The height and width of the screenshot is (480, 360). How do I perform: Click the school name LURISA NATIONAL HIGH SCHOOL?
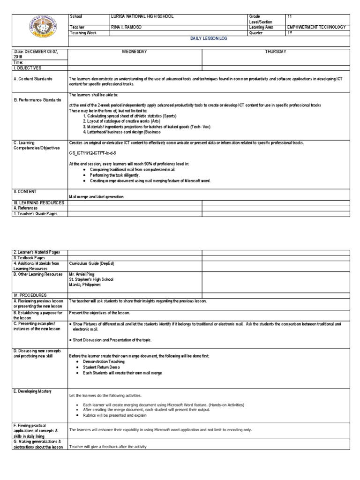pos(142,16)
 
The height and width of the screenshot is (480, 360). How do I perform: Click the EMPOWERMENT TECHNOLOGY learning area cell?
pos(317,27)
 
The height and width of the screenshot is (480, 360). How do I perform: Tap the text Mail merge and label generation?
pos(97,196)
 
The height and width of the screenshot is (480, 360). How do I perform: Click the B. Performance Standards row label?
pos(37,100)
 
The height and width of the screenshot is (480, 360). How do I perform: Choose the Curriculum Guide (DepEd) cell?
pos(91,263)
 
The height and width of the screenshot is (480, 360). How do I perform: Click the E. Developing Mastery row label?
pos(33,391)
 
